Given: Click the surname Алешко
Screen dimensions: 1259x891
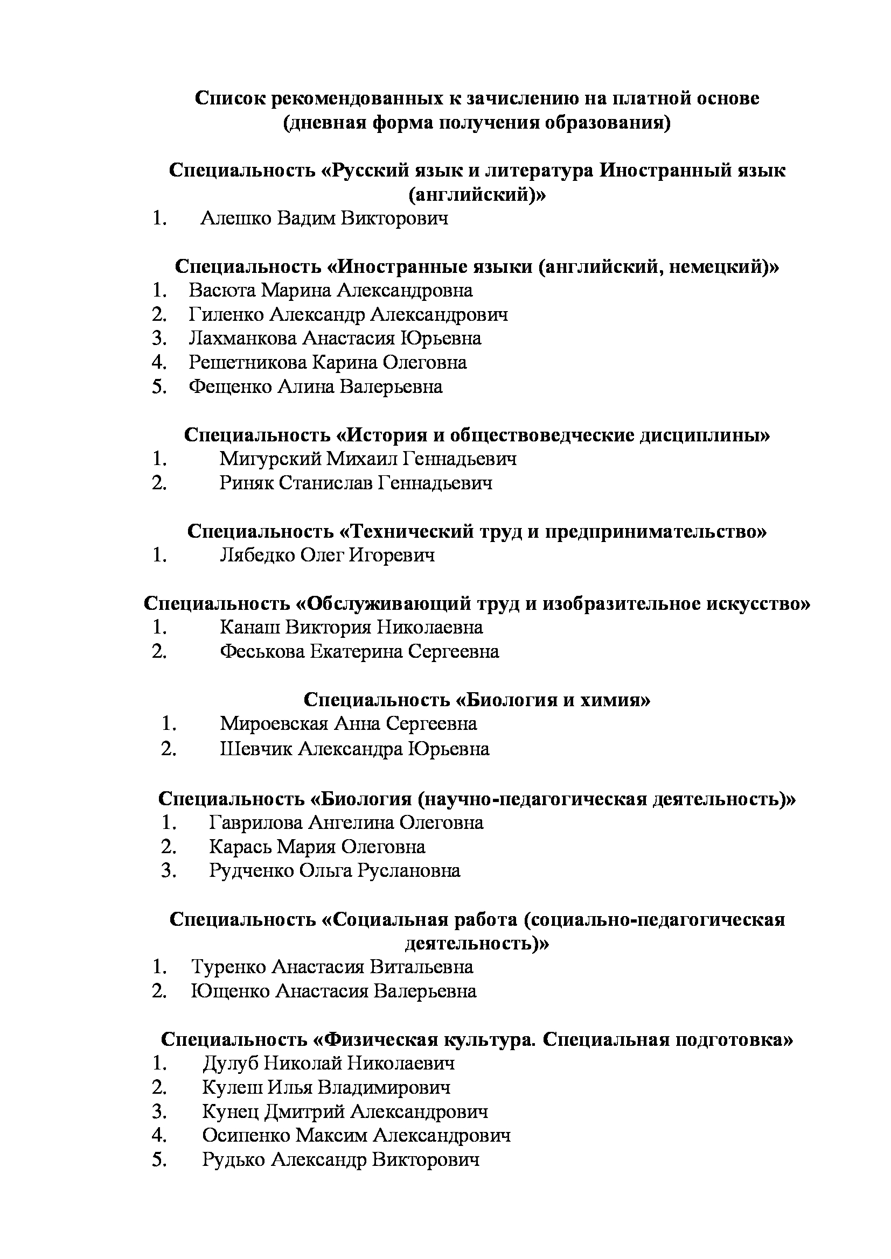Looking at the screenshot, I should click(x=236, y=218).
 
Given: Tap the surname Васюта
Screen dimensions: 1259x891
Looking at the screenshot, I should click(x=222, y=290).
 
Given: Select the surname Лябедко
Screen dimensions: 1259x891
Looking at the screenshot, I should click(x=256, y=555).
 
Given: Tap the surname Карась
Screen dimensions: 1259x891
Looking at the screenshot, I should click(x=240, y=847).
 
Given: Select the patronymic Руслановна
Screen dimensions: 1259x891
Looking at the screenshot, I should click(x=409, y=871).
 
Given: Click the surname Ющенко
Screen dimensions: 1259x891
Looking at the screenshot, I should click(x=230, y=991).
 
